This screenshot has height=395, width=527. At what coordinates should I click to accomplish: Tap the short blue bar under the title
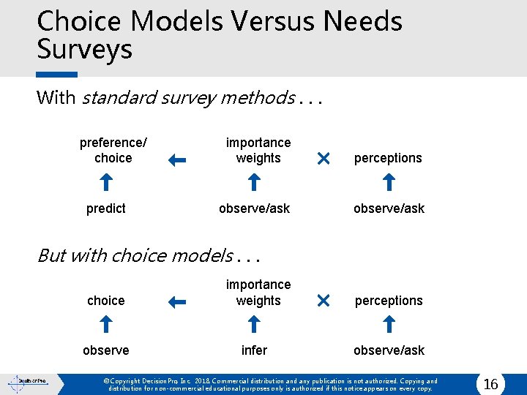(x=57, y=74)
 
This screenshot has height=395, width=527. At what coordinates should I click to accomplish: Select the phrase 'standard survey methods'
(x=188, y=97)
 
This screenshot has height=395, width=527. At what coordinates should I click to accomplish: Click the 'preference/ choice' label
(x=113, y=150)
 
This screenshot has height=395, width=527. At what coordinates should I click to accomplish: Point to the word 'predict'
(x=106, y=208)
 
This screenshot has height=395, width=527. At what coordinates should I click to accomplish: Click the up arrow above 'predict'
(x=106, y=183)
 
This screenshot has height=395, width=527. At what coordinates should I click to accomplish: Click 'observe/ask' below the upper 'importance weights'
(x=254, y=208)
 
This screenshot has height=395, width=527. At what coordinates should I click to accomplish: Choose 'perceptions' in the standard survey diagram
(x=388, y=158)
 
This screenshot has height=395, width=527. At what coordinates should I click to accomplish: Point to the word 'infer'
(x=254, y=350)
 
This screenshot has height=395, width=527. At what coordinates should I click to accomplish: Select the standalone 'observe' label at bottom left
(x=106, y=350)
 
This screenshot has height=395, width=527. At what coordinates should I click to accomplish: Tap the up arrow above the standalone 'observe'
(x=106, y=325)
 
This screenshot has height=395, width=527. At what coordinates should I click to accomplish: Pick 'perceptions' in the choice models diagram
(x=388, y=301)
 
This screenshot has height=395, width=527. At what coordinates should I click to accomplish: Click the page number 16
(x=490, y=384)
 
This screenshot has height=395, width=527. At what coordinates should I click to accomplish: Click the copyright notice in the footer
(x=270, y=385)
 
